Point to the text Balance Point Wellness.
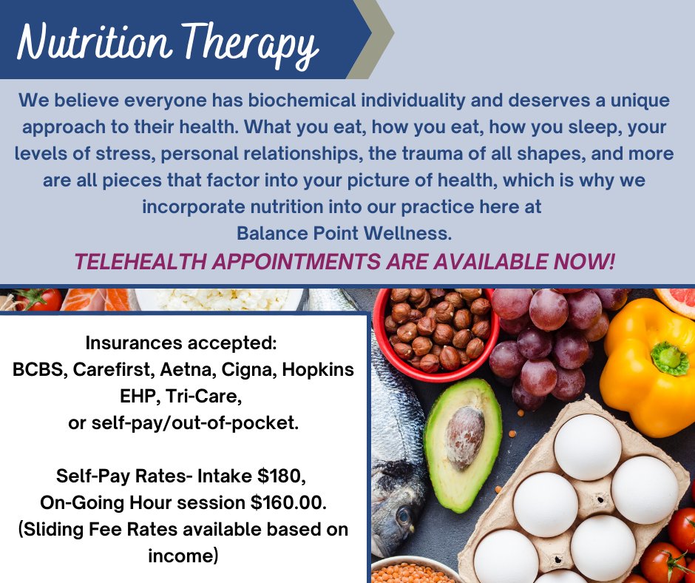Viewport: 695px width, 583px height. (344, 234)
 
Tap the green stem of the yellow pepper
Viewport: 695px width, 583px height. (668, 357)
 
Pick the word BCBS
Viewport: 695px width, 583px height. (37, 369)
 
